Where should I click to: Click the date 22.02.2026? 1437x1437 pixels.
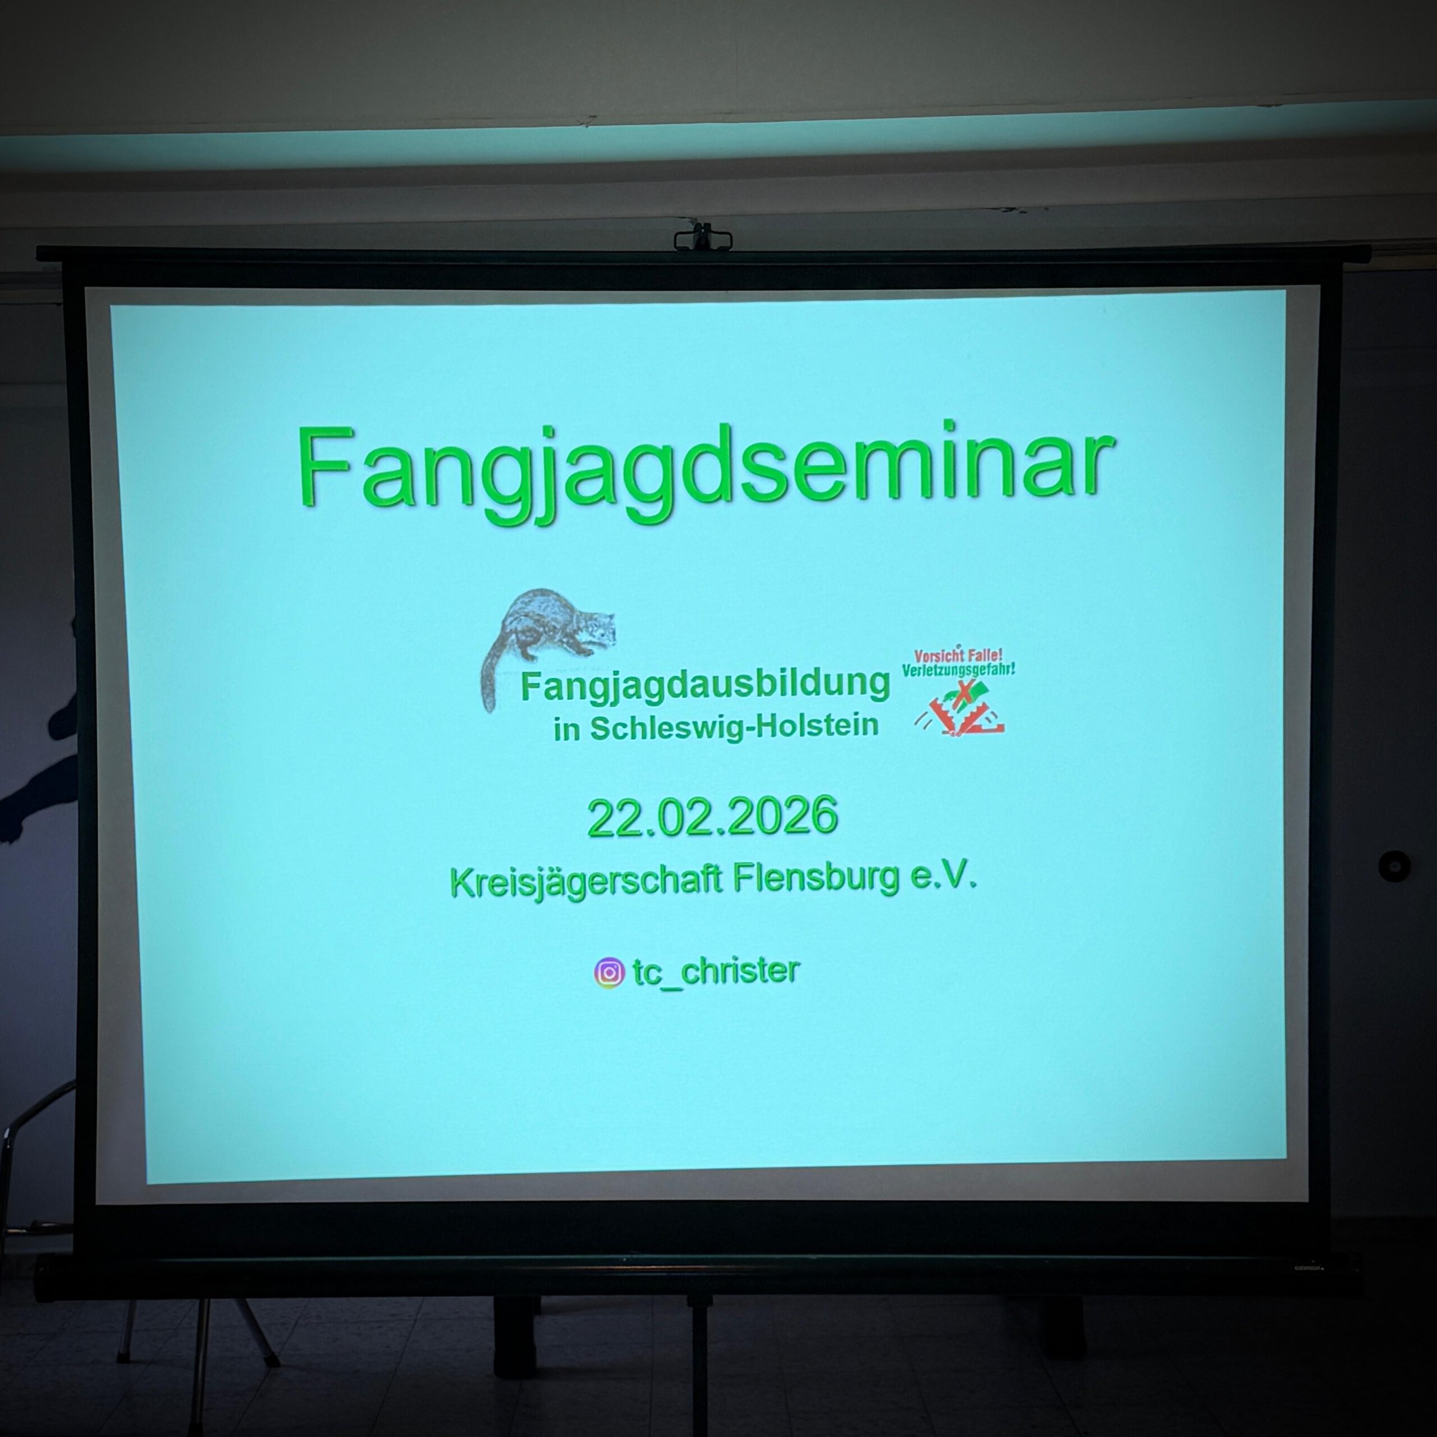coord(712,817)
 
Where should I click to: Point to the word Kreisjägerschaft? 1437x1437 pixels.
coord(586,881)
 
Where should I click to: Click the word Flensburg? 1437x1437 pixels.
coord(816,878)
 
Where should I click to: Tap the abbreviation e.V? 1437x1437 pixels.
coord(944,876)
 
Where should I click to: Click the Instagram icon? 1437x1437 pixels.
coord(609,972)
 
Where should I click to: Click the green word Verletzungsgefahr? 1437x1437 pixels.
coord(958,670)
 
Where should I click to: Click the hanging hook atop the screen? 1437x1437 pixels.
coord(703,236)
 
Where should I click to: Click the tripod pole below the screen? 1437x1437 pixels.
coord(698,1365)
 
